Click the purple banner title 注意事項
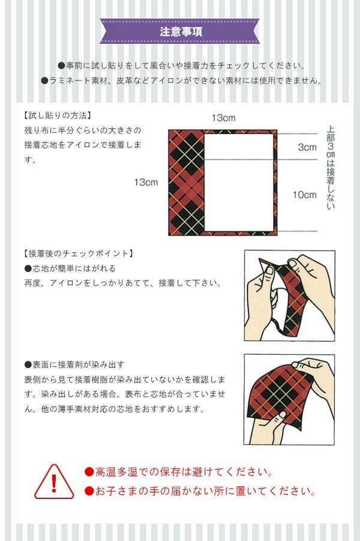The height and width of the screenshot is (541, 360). [x=181, y=32]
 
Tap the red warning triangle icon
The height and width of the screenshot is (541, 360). [x=54, y=482]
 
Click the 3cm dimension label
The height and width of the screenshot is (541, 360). [x=307, y=147]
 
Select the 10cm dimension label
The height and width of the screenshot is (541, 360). [x=304, y=195]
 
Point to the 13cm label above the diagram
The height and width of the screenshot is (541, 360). [x=223, y=118]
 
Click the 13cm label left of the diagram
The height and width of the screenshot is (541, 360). [x=146, y=182]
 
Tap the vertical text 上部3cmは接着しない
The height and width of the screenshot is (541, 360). [x=331, y=168]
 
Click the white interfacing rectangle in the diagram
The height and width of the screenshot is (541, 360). [x=239, y=182]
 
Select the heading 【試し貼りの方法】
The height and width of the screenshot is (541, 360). [x=58, y=115]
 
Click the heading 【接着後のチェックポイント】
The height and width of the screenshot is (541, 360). [x=79, y=253]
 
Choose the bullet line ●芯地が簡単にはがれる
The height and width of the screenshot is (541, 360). [x=70, y=268]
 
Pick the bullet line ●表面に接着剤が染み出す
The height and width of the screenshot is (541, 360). [x=74, y=364]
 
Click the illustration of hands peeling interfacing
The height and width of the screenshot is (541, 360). [x=290, y=295]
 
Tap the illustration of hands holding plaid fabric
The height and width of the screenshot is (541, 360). [x=289, y=399]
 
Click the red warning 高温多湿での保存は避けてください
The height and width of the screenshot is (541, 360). [x=179, y=472]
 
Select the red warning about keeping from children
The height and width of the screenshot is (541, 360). [x=200, y=491]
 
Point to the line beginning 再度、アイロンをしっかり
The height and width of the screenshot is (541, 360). [x=122, y=283]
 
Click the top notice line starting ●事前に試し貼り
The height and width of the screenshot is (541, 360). [x=181, y=65]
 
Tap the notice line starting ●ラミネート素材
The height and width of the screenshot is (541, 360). [x=182, y=80]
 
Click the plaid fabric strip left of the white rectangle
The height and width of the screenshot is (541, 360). [x=187, y=183]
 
